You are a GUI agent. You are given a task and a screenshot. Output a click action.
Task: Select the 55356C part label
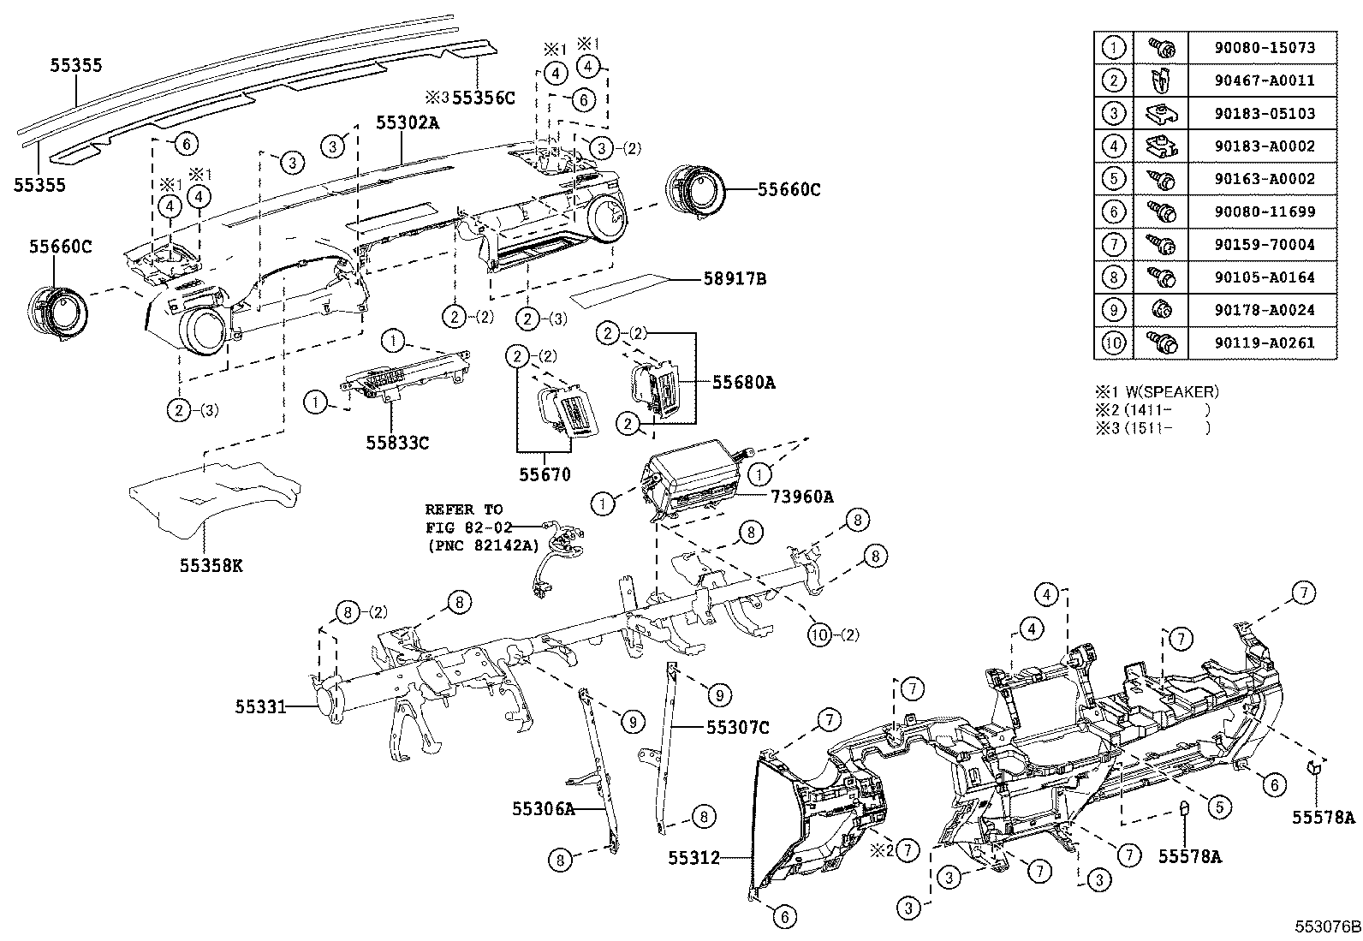483,98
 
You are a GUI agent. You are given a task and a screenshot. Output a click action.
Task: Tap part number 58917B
734,279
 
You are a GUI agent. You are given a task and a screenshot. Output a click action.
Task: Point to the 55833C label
397,443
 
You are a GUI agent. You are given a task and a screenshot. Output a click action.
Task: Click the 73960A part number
801,496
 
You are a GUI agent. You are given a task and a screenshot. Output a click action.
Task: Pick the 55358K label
211,566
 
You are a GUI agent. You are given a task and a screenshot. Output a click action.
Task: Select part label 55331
260,706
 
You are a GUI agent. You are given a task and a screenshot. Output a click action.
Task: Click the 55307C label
737,728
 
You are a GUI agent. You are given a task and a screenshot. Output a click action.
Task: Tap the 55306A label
544,807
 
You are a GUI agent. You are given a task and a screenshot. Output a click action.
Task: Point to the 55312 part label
694,857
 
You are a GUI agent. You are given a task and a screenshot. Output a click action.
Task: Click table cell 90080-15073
1263,48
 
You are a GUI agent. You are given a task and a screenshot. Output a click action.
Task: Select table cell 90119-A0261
1263,343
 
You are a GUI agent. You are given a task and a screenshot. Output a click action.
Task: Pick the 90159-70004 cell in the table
1263,245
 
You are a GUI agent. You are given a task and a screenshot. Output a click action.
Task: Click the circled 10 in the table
1113,343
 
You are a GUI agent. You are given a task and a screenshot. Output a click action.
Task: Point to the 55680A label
743,383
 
